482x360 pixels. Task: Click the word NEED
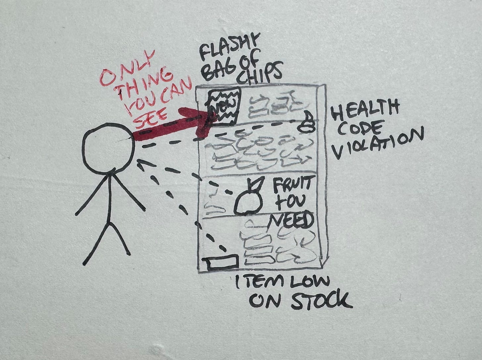point(291,221)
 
